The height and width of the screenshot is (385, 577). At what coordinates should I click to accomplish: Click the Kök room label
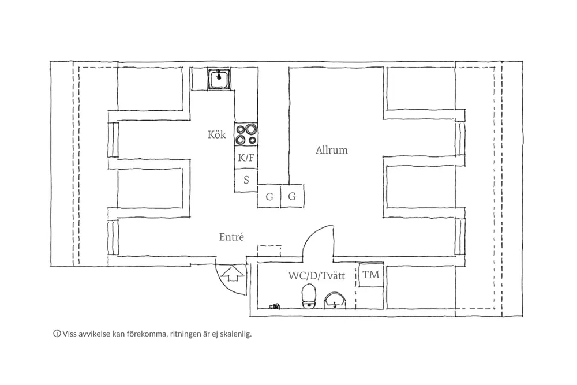(x=217, y=134)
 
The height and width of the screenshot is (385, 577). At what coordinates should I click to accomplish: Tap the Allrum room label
(x=332, y=150)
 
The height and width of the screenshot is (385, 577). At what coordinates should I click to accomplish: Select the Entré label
(x=231, y=237)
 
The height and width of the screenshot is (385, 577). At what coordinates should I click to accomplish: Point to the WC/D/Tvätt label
(x=317, y=276)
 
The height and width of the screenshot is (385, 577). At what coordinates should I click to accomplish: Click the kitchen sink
(x=219, y=79)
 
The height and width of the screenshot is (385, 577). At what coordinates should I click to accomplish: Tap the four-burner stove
(x=246, y=134)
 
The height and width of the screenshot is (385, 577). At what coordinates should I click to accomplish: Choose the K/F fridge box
(x=246, y=158)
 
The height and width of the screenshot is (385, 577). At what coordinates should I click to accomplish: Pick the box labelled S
(x=246, y=180)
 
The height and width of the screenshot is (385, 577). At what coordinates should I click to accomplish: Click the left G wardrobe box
(x=269, y=197)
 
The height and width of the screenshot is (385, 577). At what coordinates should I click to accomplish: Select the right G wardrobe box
(x=292, y=196)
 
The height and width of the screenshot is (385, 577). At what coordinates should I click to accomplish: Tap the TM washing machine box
(x=371, y=275)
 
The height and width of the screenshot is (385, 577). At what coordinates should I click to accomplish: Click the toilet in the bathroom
(x=309, y=297)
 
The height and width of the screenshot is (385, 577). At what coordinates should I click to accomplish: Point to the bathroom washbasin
(x=335, y=300)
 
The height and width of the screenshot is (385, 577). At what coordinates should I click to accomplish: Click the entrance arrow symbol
(x=232, y=274)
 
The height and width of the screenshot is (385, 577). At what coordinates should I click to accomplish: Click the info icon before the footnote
(x=57, y=334)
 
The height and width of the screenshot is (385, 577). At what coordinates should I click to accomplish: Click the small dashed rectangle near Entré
(x=269, y=251)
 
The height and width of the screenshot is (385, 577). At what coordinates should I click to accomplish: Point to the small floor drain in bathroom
(x=275, y=306)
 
